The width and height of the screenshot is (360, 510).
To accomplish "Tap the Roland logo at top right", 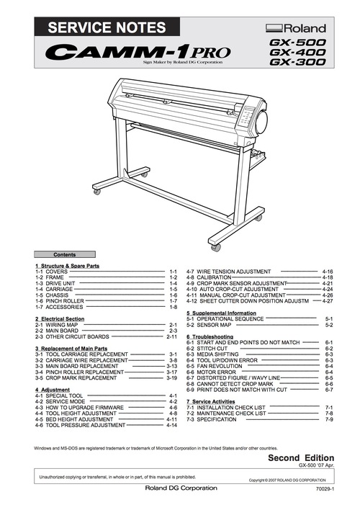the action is click(x=296, y=28).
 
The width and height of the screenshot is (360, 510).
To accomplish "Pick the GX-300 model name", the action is click(x=297, y=63).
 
